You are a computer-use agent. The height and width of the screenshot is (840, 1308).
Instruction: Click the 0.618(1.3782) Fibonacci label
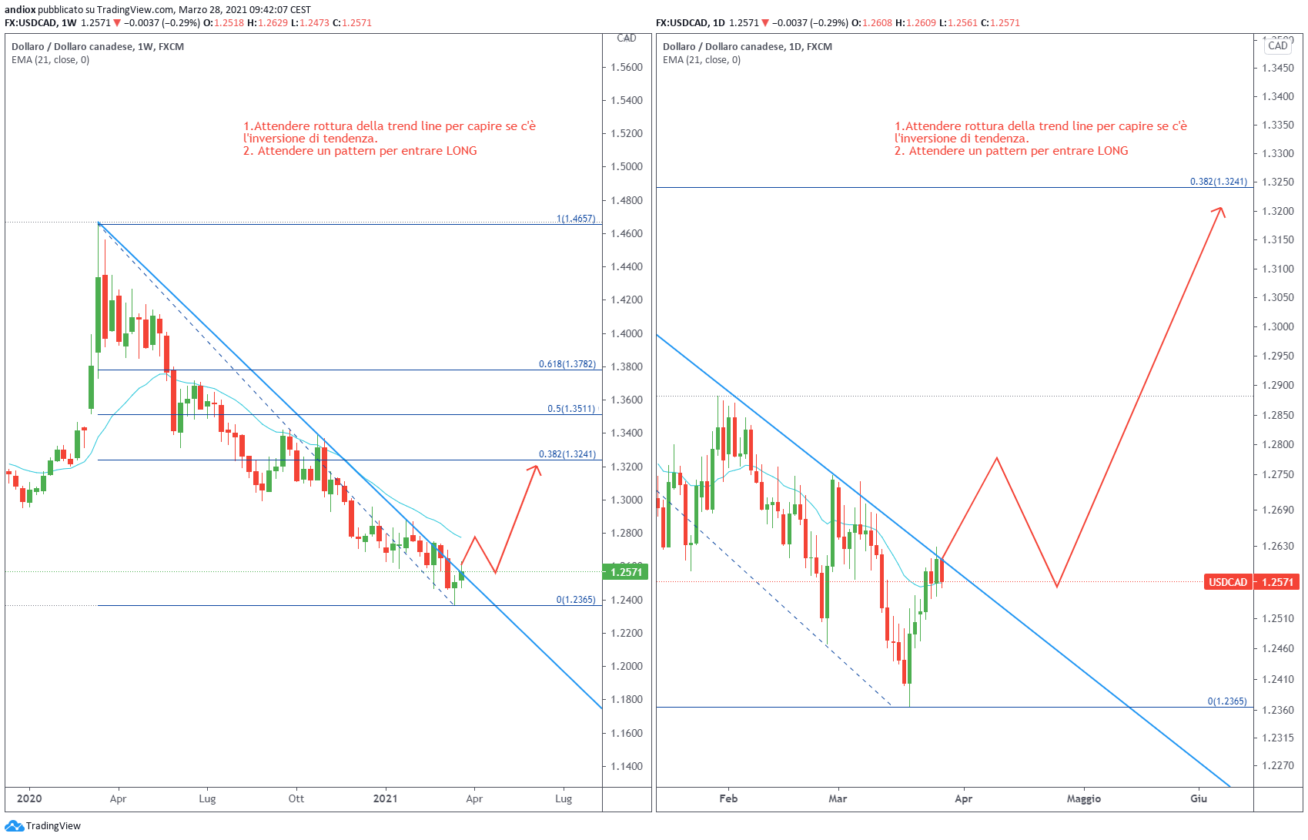point(567,364)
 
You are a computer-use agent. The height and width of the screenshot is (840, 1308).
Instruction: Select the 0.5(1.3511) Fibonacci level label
point(571,409)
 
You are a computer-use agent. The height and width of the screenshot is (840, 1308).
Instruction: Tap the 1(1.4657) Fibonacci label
point(576,219)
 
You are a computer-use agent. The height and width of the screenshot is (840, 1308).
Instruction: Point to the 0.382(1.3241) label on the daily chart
point(1218,182)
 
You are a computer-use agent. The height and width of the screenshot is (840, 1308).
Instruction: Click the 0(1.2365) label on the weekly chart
point(576,600)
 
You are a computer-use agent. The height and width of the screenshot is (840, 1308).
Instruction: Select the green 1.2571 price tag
point(626,572)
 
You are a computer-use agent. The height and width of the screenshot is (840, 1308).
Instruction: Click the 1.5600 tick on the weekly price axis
point(627,67)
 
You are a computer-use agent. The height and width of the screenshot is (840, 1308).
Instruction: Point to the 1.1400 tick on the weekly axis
point(627,766)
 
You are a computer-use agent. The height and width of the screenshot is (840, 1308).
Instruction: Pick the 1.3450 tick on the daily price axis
point(1278,69)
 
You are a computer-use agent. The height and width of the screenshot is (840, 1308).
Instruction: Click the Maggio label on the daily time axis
point(1083,798)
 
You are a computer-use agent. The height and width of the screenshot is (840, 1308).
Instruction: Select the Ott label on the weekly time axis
point(296,798)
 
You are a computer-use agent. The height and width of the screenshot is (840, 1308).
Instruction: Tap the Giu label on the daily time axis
point(1198,798)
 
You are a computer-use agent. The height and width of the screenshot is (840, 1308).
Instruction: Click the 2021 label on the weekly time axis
point(386,798)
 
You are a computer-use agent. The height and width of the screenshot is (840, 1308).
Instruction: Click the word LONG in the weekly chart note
point(461,151)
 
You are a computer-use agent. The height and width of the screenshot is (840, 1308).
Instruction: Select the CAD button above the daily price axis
point(1278,45)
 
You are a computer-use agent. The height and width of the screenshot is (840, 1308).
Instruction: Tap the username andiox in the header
point(20,10)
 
